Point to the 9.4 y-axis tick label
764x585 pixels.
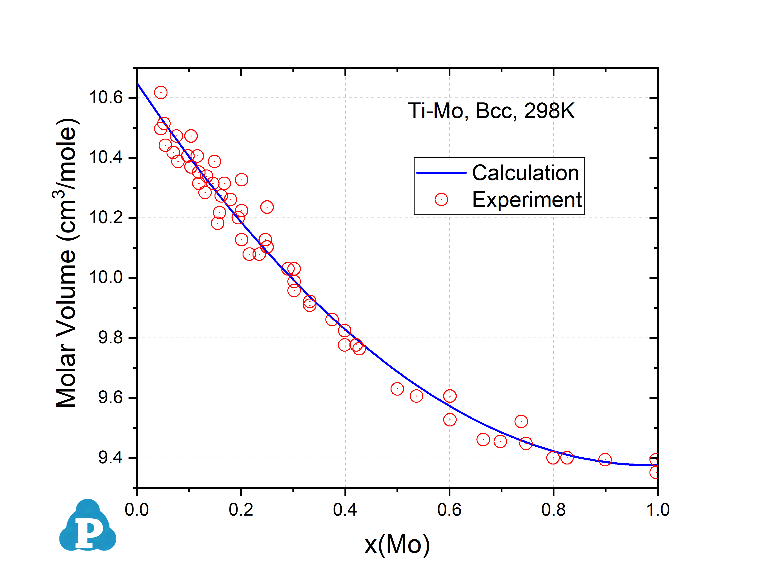110,458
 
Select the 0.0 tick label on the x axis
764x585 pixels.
137,510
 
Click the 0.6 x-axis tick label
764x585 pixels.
449,510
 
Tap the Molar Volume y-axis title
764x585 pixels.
66,263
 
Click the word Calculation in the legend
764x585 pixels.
525,173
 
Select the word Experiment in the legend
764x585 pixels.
527,200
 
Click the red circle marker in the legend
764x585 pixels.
441,199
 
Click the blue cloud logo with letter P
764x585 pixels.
88,526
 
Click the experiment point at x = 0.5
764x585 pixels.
397,389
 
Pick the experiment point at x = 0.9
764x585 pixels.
605,460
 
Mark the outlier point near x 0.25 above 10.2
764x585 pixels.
267,207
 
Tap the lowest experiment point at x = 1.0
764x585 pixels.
655,472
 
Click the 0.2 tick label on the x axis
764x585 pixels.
241,510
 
